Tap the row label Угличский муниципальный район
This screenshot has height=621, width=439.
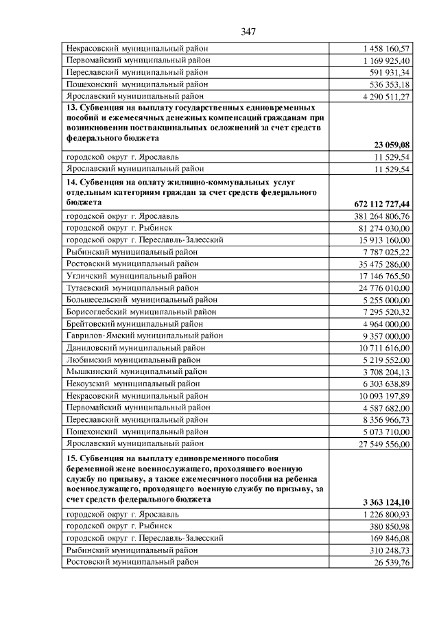tap(132, 276)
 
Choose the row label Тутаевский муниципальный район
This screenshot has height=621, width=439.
tap(132, 288)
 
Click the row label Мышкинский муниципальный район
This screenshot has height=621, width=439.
tap(133, 371)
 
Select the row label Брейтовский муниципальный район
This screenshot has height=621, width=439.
tap(134, 324)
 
